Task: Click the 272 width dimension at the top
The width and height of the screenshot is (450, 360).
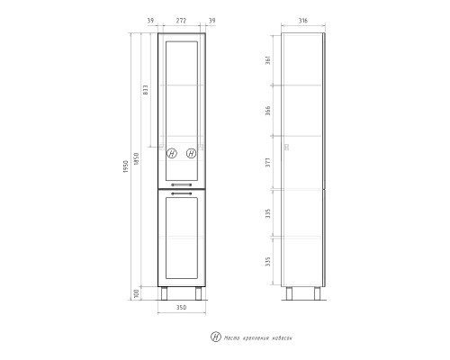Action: [183, 20]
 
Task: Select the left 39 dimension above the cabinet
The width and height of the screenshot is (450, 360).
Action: [149, 20]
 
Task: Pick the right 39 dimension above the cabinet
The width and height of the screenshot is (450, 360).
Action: [213, 20]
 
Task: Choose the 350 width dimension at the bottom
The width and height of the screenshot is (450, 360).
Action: [182, 310]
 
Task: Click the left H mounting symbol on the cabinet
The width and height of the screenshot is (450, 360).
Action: [171, 153]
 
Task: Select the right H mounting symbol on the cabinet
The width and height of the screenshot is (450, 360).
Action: [192, 153]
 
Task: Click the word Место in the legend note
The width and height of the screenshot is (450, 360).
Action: [231, 337]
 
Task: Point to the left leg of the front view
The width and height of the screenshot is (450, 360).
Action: [166, 293]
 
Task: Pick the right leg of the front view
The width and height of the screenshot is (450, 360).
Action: [198, 293]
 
